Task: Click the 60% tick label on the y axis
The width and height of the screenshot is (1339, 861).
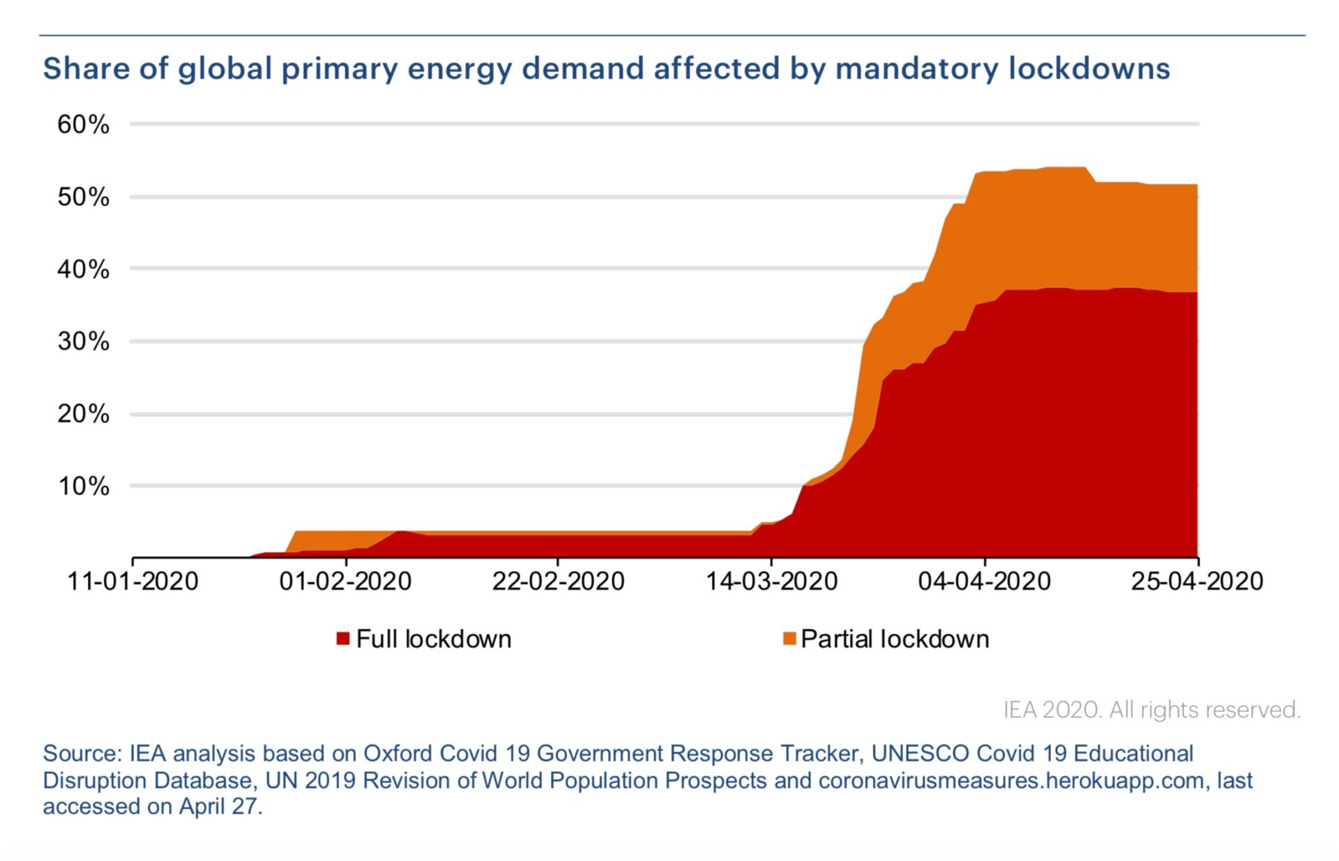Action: click(x=83, y=125)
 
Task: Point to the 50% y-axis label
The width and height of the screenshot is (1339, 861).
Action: click(x=83, y=197)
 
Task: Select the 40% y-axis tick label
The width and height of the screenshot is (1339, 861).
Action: click(x=83, y=269)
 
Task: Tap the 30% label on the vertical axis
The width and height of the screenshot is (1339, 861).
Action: click(x=83, y=342)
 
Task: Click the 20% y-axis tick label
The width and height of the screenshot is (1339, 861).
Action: click(x=83, y=414)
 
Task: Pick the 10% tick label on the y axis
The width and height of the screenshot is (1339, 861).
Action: click(x=83, y=486)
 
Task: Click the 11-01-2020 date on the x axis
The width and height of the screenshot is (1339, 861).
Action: click(x=133, y=581)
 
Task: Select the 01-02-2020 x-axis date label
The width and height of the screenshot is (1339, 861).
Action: click(x=345, y=581)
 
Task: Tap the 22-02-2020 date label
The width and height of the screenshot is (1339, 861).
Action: click(x=558, y=581)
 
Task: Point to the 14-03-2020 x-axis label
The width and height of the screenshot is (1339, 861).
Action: click(x=771, y=581)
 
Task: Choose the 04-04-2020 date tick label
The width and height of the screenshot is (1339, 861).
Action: click(x=984, y=581)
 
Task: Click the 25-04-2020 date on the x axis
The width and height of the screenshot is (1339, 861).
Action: click(x=1197, y=581)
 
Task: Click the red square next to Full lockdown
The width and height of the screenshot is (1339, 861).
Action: click(x=342, y=639)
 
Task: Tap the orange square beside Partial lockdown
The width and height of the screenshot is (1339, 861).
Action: click(x=789, y=639)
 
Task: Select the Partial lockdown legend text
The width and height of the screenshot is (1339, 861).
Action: click(x=895, y=639)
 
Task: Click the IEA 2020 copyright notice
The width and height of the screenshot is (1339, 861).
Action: click(x=1151, y=710)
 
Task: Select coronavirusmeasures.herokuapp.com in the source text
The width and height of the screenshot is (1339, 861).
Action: click(x=1011, y=780)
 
